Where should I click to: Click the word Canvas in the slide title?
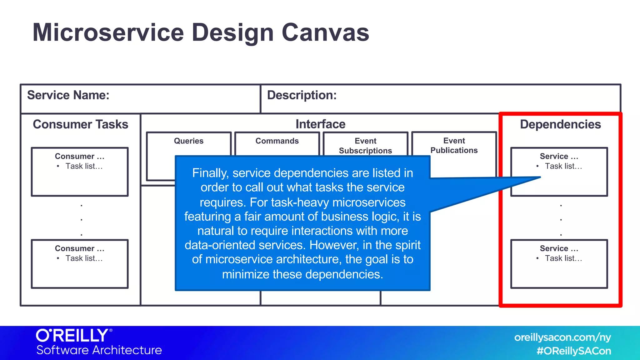point(325,32)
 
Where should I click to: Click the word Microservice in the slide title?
point(108,32)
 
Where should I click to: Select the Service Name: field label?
point(68,95)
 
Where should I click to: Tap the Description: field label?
point(302,95)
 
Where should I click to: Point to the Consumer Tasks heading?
point(80,124)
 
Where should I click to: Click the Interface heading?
point(320,124)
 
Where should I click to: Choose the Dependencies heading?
point(560,124)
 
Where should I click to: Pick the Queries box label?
point(188,141)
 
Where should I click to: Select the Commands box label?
point(277,141)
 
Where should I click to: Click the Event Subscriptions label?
point(365,146)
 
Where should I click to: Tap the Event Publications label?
point(454,145)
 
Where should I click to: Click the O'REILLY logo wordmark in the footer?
point(72,335)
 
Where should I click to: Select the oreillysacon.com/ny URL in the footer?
point(562,337)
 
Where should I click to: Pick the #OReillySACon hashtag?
point(574,351)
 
